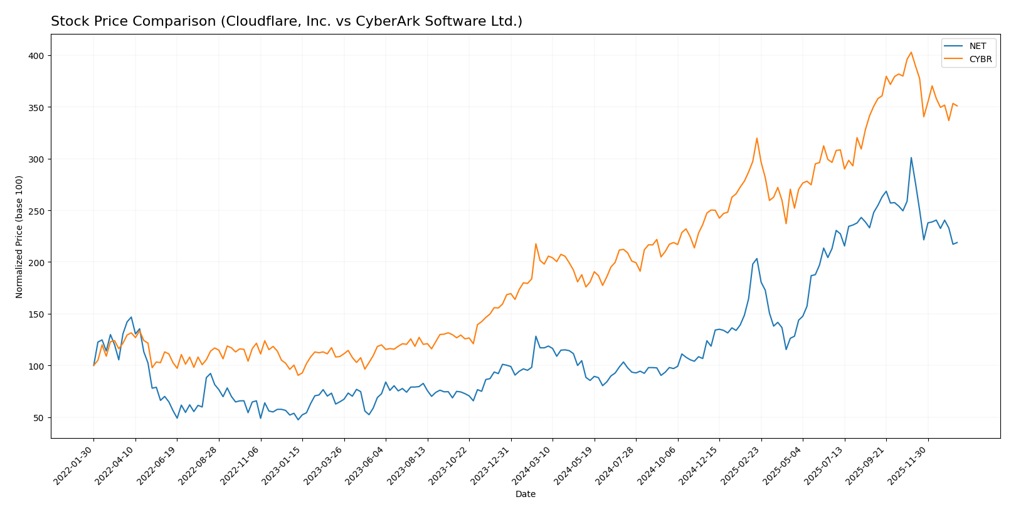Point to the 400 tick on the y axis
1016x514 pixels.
37,56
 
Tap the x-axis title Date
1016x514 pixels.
525,495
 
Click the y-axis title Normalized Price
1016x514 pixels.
19,237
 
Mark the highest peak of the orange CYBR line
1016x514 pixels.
911,52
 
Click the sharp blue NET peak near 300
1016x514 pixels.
911,158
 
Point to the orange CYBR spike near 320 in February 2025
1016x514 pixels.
757,138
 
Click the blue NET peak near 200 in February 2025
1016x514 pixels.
757,259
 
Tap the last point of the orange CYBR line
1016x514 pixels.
957,106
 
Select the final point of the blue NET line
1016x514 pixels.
957,242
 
